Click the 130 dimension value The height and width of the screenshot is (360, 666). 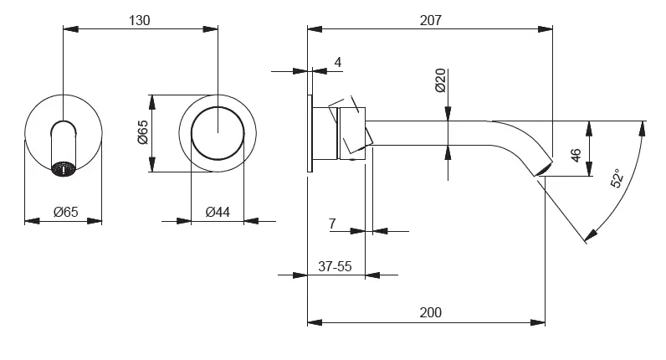click(x=140, y=20)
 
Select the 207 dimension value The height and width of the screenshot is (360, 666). click(x=429, y=20)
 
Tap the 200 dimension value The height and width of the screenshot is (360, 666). click(x=429, y=312)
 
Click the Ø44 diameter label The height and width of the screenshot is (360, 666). click(x=217, y=212)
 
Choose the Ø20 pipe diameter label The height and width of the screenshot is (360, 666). click(x=440, y=80)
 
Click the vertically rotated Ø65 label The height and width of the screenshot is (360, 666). click(x=142, y=134)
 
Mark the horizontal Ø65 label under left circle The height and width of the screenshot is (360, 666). click(x=64, y=212)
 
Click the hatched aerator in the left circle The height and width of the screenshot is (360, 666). click(x=64, y=168)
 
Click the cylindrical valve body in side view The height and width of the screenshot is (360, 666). click(x=351, y=132)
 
